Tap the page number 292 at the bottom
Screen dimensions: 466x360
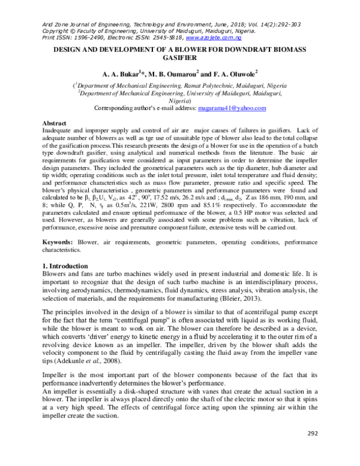click(312, 449)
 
